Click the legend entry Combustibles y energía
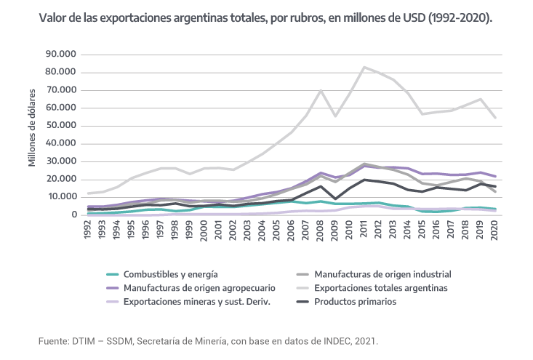169,274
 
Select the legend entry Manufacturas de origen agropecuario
199,288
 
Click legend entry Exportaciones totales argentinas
380,288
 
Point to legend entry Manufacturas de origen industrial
383,274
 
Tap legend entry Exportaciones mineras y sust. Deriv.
197,302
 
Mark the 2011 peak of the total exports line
364,67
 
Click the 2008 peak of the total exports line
321,90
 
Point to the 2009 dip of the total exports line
335,116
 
